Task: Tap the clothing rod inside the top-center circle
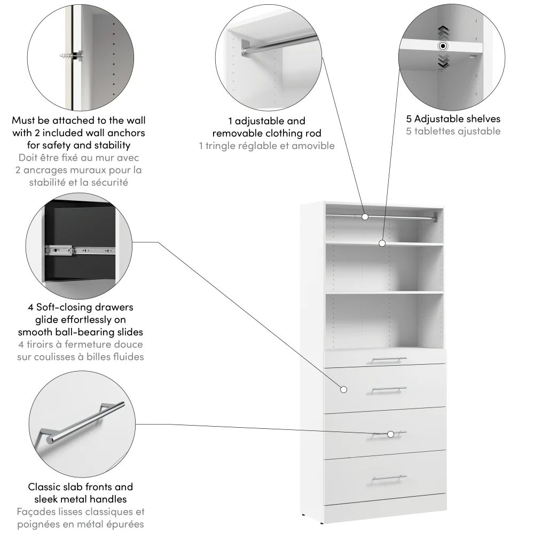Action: (278, 44)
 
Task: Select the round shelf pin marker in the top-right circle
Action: (443, 46)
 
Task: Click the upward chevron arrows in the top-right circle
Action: (443, 30)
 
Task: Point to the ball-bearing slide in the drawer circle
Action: (80, 249)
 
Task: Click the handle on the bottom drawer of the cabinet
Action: (389, 478)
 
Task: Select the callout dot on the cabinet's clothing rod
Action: (365, 217)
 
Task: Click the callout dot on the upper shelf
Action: (382, 244)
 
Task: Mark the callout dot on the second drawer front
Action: (344, 389)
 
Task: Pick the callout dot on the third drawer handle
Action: (391, 434)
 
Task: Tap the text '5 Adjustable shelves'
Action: (453, 119)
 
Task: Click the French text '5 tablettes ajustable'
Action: (453, 131)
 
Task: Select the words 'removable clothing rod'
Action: (266, 133)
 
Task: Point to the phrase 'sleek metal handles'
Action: (80, 499)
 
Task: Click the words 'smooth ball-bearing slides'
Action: (80, 332)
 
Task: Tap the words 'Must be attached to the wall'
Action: (78, 121)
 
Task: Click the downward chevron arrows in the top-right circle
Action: (443, 64)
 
